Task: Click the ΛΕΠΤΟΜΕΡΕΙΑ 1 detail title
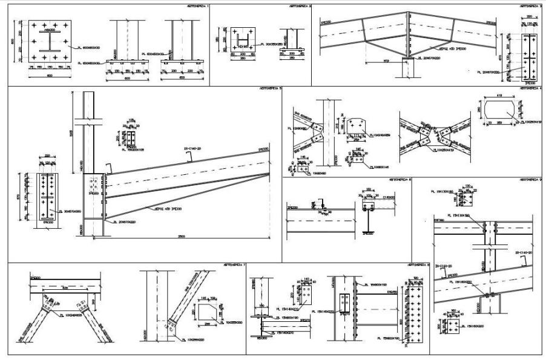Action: (199, 5)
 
